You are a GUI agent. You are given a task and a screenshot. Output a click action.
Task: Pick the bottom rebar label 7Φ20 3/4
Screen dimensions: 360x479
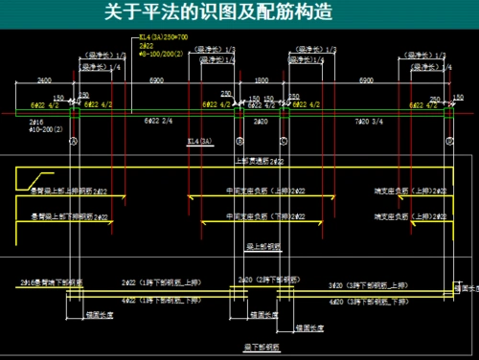[x=370, y=122]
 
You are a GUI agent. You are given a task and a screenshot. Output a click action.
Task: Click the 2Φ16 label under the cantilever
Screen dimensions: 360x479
[x=37, y=122]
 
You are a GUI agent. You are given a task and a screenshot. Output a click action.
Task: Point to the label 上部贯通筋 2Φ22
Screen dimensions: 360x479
[x=259, y=162]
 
